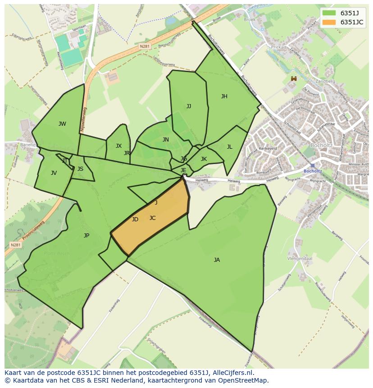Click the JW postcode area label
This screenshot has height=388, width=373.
[62, 124]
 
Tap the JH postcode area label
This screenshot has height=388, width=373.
[224, 96]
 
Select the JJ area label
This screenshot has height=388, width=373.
[189, 106]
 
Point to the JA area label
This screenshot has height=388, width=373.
[217, 260]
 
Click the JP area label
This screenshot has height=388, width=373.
[86, 235]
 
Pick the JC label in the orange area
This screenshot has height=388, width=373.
[152, 218]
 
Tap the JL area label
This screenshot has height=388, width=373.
[229, 146]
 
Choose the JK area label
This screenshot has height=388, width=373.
[204, 159]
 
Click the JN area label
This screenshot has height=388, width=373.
[166, 140]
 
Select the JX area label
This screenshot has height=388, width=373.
[118, 146]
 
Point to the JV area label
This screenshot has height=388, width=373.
[54, 173]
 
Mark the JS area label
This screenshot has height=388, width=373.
[80, 169]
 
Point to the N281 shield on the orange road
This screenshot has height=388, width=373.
[144, 46]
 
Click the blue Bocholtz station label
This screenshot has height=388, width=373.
[313, 171]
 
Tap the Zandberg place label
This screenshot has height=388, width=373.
[326, 82]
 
